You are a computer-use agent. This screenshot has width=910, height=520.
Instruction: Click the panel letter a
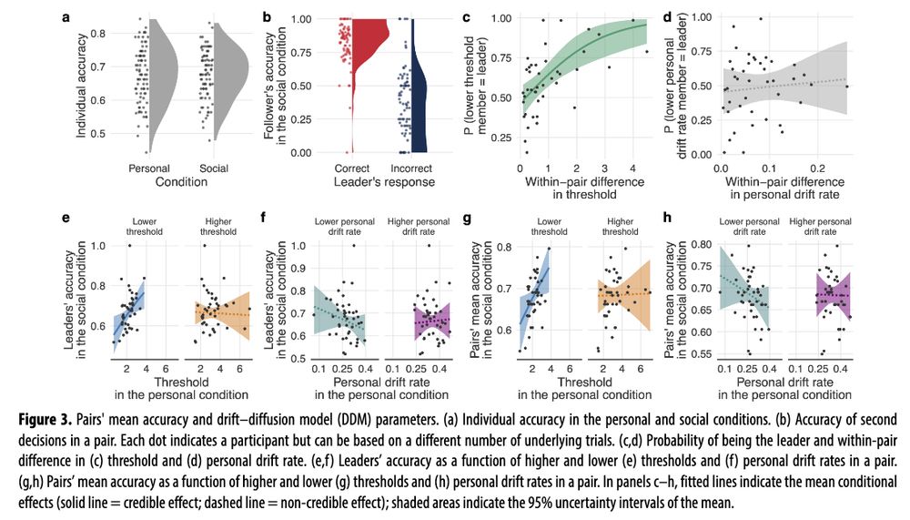coord(66,15)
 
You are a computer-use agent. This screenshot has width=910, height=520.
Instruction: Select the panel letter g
coord(467,218)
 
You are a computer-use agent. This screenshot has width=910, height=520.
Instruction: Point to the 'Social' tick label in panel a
coord(214,168)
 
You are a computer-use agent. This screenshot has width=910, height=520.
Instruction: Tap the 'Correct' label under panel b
coord(352,168)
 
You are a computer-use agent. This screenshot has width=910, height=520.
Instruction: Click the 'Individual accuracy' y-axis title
coord(82,86)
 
